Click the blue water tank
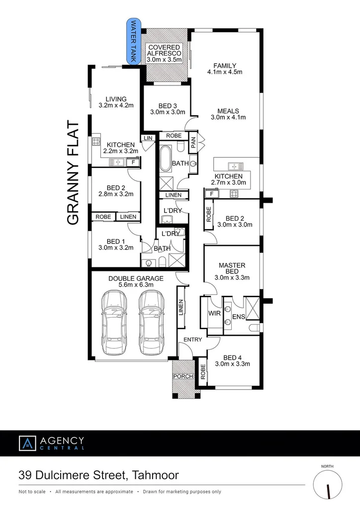[x=134, y=41]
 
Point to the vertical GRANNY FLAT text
[x=73, y=173]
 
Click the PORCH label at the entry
[x=182, y=376]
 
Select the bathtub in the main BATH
[x=165, y=159]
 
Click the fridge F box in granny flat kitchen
[x=133, y=162]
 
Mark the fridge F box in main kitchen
[x=212, y=194]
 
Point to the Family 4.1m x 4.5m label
[x=225, y=69]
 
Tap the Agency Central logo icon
[x=27, y=443]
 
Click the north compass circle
[x=328, y=485]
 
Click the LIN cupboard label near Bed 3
[x=148, y=138]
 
